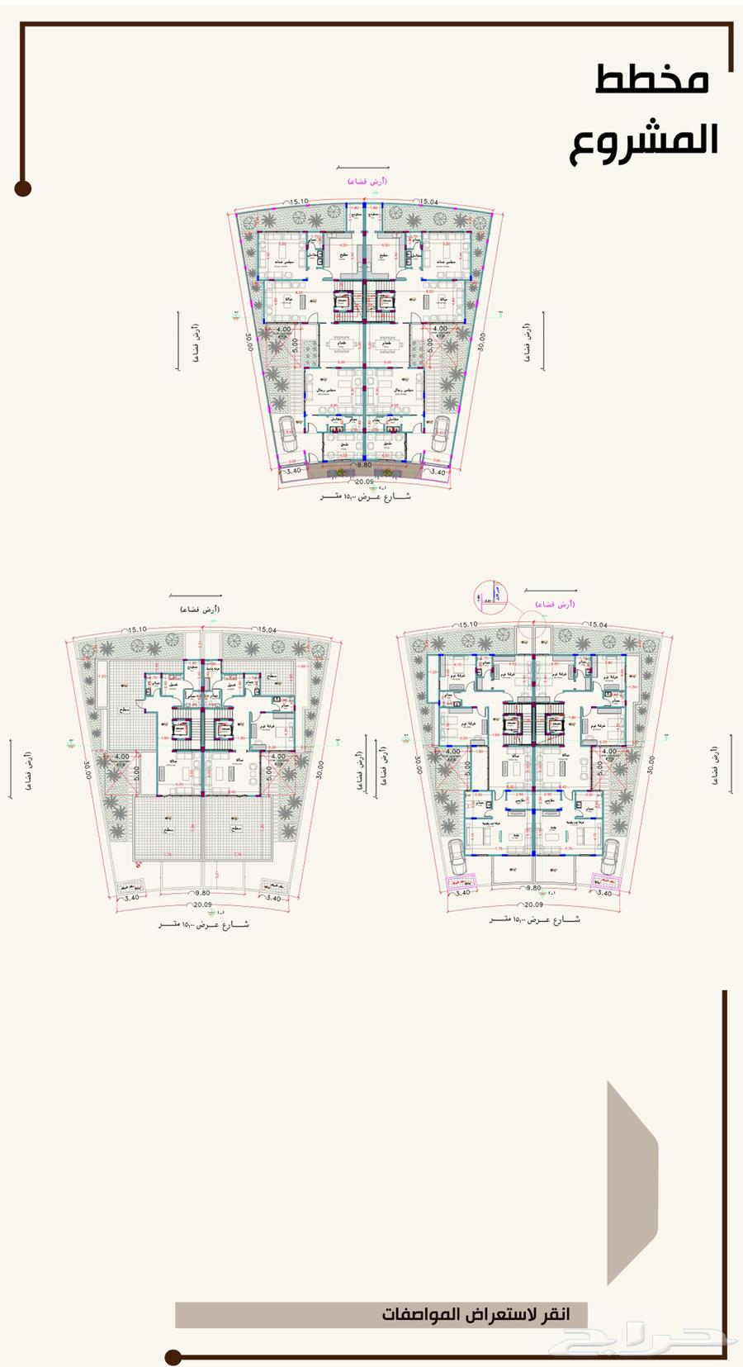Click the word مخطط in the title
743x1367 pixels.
[651, 80]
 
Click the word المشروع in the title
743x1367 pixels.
[643, 140]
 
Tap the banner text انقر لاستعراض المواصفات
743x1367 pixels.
[475, 1313]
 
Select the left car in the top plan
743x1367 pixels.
[289, 433]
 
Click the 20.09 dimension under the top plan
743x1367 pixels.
[364, 480]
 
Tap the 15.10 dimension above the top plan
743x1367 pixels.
[298, 201]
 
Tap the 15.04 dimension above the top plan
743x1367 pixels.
[429, 201]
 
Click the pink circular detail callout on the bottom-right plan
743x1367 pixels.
[492, 595]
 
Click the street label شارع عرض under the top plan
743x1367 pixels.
[365, 497]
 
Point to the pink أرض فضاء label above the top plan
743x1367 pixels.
[366, 180]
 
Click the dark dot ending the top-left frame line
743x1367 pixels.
[22, 188]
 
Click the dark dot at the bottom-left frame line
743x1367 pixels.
[172, 1356]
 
